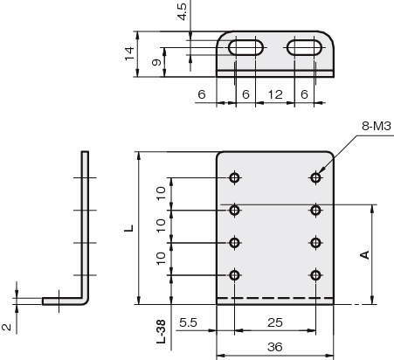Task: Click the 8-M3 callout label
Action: tap(377, 127)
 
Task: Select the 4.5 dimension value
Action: tap(183, 11)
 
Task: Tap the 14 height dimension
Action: tap(129, 53)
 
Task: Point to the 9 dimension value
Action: tap(156, 62)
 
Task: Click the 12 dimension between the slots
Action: tap(275, 94)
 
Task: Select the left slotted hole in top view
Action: tap(246, 47)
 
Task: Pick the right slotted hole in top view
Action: tap(305, 47)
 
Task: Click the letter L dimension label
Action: tap(129, 228)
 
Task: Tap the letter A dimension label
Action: tap(365, 254)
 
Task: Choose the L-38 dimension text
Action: tap(161, 331)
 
